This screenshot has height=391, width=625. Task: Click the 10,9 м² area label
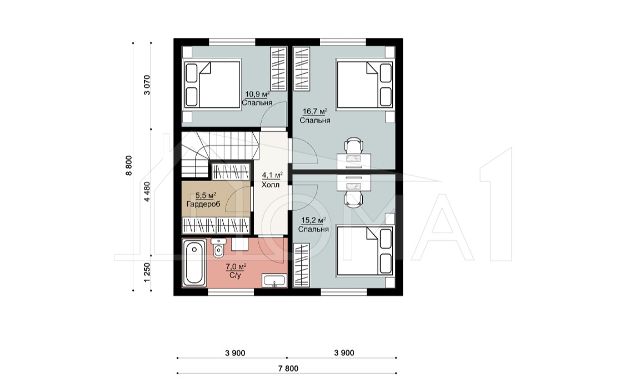(x=257, y=95)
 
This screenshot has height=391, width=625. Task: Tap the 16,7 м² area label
(x=315, y=112)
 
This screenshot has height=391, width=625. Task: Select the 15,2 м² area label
(x=313, y=221)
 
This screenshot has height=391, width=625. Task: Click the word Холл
(x=271, y=185)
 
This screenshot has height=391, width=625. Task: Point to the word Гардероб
(x=203, y=204)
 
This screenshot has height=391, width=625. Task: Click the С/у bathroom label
(x=235, y=275)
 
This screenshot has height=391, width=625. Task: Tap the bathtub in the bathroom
(x=194, y=262)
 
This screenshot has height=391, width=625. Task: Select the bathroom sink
(x=274, y=281)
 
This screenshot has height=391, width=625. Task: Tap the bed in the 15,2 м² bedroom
(x=364, y=250)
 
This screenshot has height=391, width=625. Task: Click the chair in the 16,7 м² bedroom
(x=353, y=146)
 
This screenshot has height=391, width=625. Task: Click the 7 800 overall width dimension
(x=288, y=368)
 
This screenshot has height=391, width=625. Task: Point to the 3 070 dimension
(x=147, y=85)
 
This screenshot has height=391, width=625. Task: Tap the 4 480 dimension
(x=147, y=191)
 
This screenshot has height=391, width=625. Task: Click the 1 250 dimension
(x=147, y=273)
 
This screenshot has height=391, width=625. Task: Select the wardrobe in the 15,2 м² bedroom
(x=302, y=265)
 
